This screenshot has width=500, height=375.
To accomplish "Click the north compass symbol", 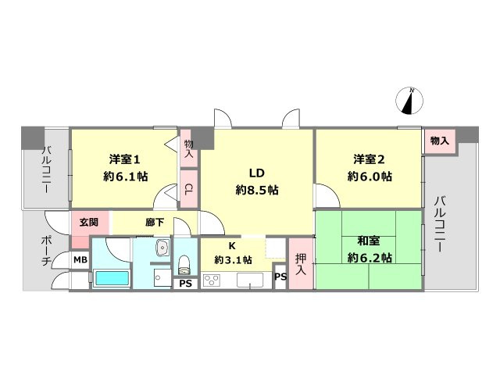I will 412,100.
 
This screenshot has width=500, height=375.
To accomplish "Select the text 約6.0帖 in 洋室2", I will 369,176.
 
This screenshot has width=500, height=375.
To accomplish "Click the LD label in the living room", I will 257,173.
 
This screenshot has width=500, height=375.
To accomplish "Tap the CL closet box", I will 189,188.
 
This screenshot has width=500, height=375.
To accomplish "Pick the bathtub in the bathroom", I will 112,278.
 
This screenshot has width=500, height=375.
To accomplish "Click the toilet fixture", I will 185,263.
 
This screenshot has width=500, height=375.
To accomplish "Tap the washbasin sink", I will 162,249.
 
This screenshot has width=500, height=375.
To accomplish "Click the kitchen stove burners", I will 212,280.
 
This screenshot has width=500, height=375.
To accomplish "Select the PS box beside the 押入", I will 280,276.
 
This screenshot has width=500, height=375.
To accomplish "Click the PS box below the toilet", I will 185,284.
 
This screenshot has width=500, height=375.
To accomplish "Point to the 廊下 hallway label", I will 155,222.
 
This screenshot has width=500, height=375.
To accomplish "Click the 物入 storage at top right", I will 439,141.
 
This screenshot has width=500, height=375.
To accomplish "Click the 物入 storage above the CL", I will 189,149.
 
